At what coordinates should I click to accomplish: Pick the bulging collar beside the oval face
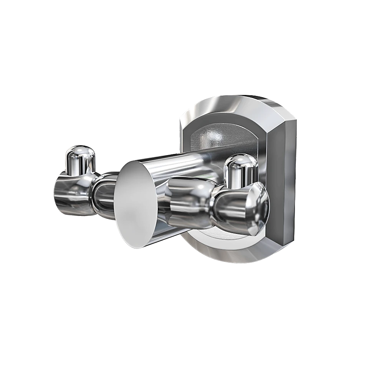pyautogui.click(x=188, y=202)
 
